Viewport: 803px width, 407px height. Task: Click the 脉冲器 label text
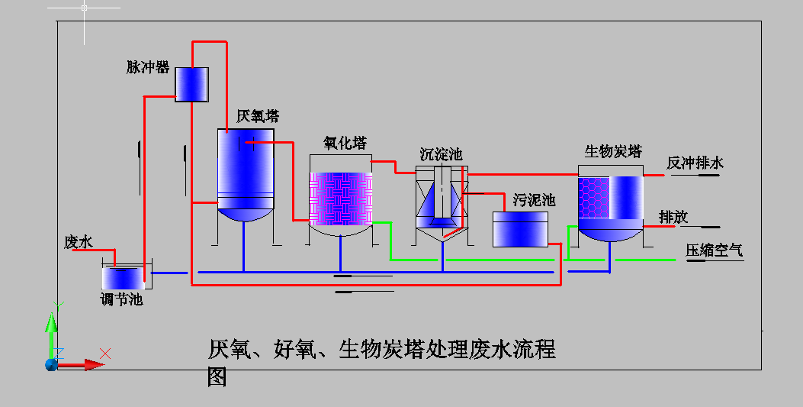click(148, 67)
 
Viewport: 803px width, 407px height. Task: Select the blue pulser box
click(191, 85)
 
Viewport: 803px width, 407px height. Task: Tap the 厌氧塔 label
click(258, 116)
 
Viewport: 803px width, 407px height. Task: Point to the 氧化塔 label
click(345, 144)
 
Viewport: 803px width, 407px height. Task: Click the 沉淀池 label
click(441, 154)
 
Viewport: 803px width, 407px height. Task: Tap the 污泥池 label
click(534, 200)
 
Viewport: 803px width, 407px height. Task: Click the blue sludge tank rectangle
click(520, 229)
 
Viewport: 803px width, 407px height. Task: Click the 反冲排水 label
click(695, 163)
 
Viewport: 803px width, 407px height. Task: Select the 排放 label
click(673, 217)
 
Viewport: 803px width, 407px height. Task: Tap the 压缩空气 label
click(714, 250)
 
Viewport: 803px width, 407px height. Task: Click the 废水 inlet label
click(78, 242)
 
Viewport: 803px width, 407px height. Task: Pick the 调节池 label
click(121, 299)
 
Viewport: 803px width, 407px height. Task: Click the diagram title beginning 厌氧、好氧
click(381, 350)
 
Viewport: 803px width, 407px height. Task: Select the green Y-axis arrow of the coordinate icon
click(51, 328)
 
